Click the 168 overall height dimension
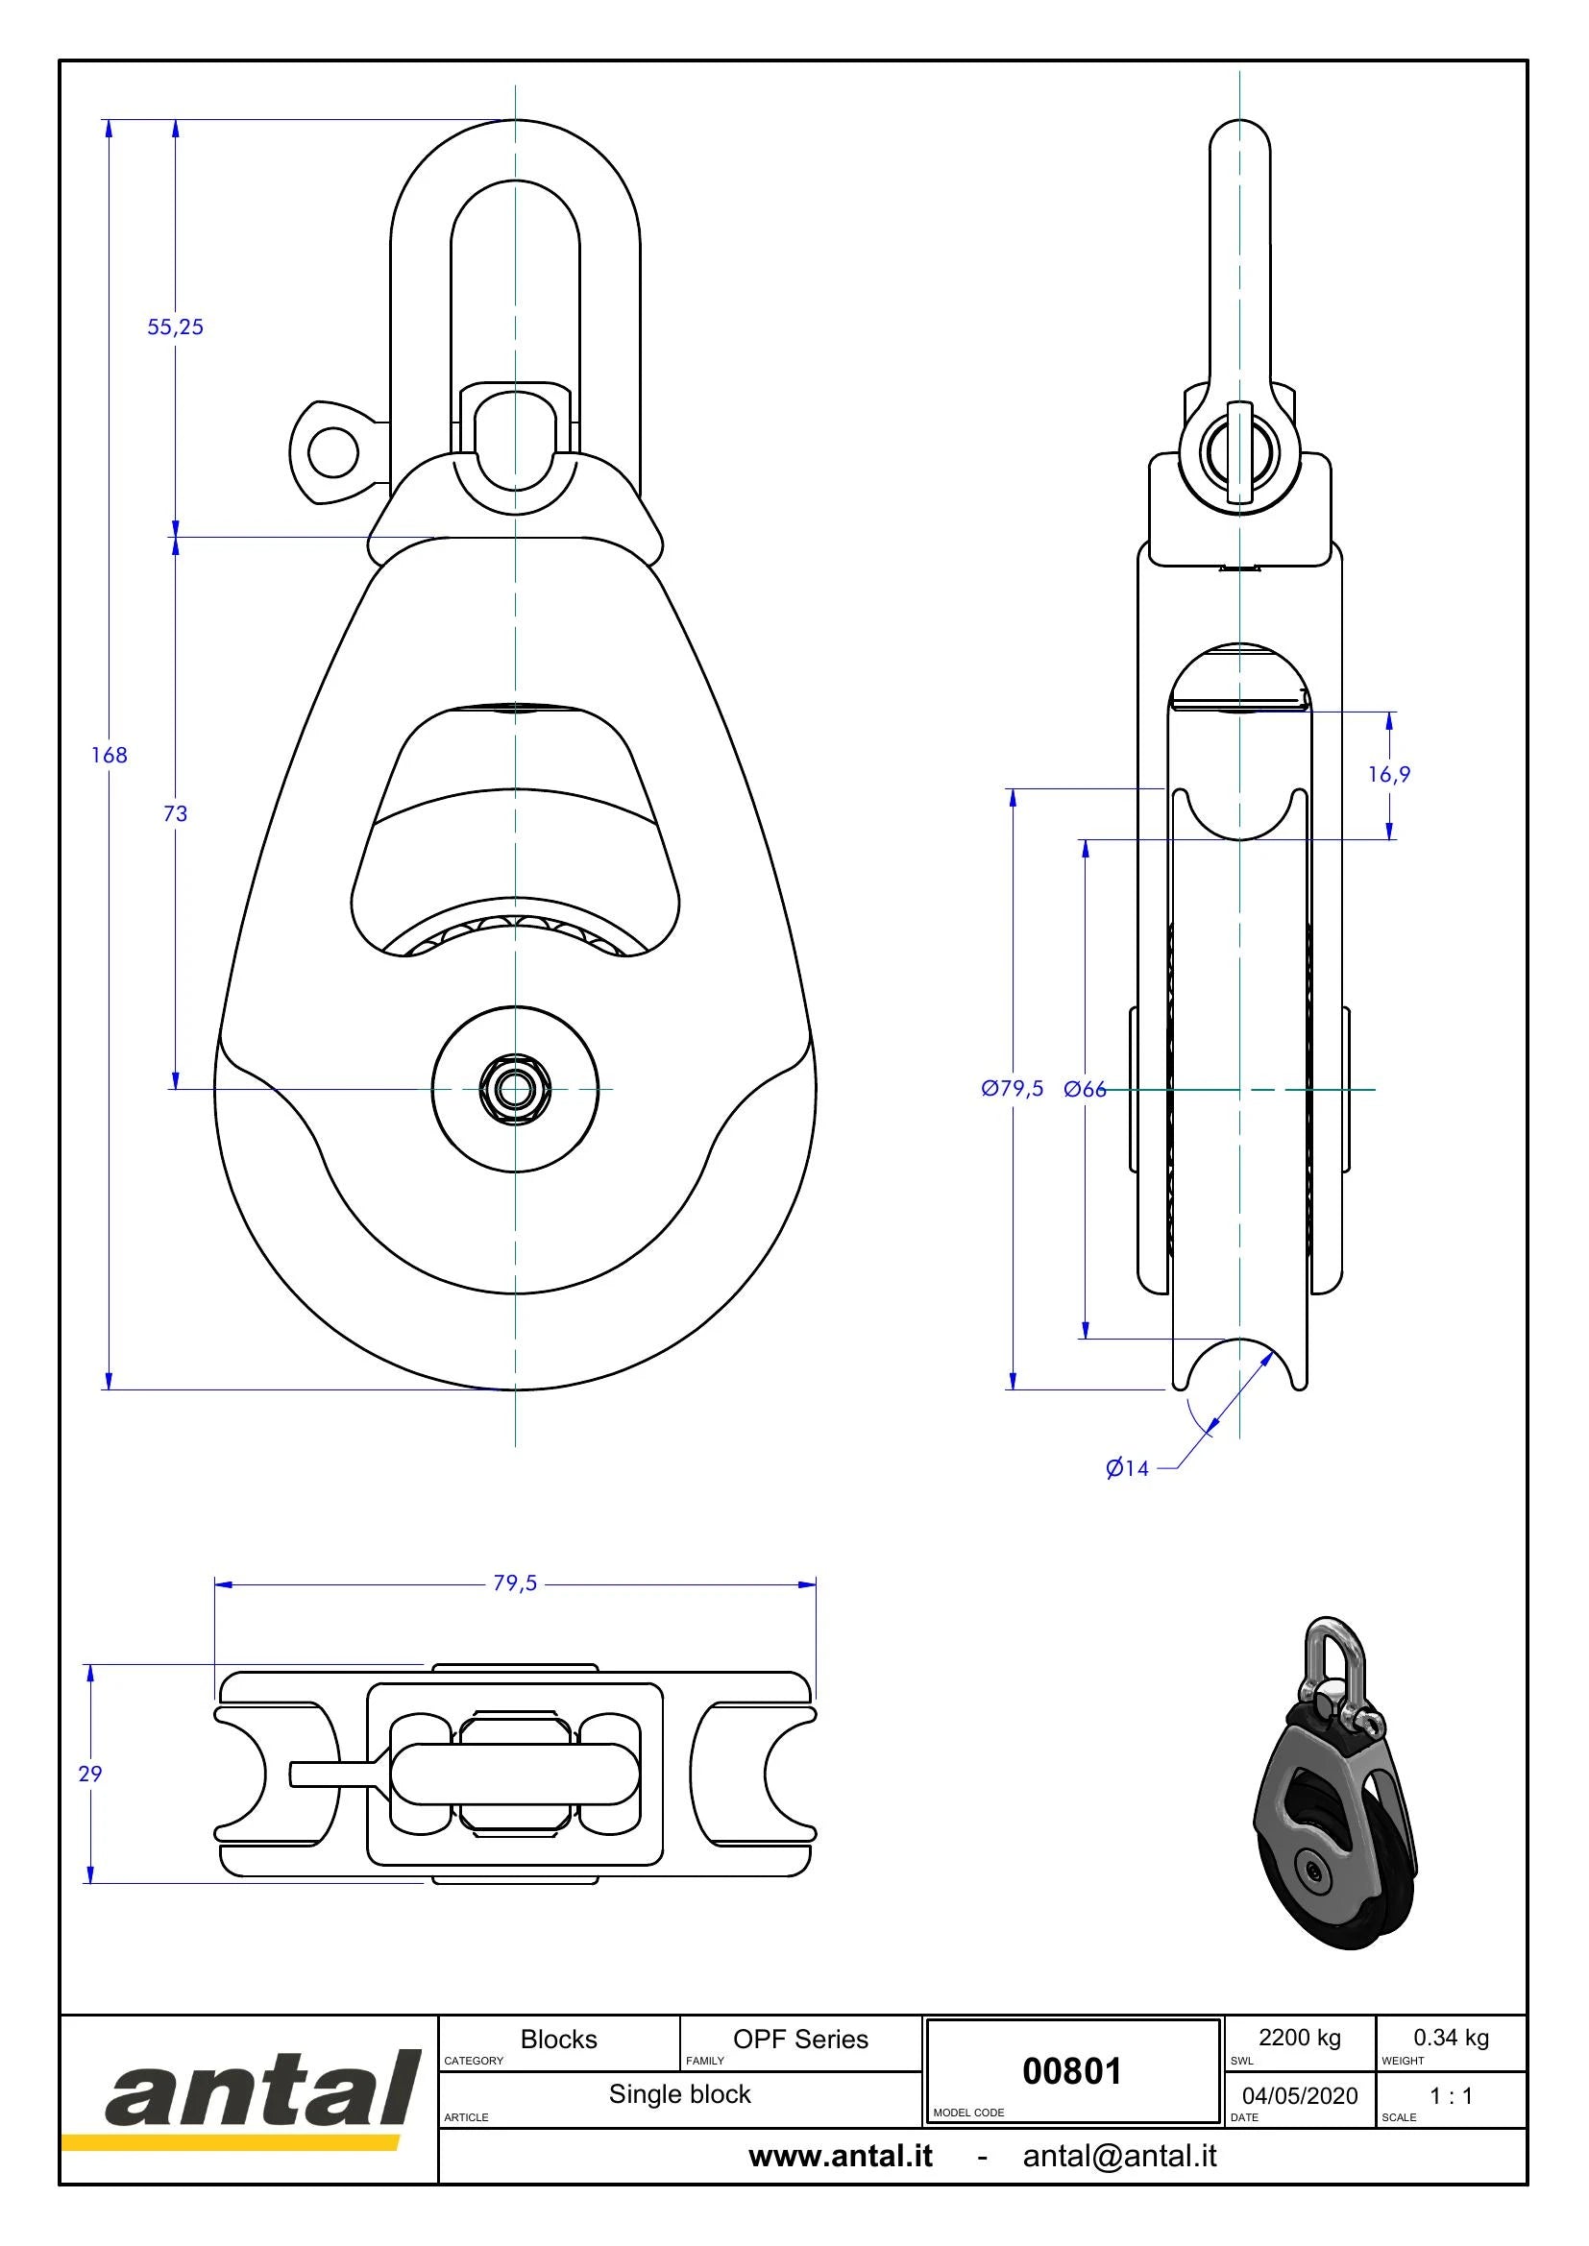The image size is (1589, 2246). click(x=109, y=754)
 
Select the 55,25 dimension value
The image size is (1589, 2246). click(x=175, y=326)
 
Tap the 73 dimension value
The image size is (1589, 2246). click(x=175, y=813)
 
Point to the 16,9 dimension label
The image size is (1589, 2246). click(x=1389, y=775)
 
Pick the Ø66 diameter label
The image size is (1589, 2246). click(x=1084, y=1089)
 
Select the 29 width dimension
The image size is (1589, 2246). click(x=90, y=1774)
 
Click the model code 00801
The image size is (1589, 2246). click(x=1071, y=2071)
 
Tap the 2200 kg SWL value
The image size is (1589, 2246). click(x=1300, y=2038)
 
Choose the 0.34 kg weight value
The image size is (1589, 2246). click(x=1451, y=2038)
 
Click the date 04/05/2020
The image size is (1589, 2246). click(x=1300, y=2096)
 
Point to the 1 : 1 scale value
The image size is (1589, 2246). click(x=1451, y=2095)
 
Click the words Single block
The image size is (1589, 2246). click(x=680, y=2094)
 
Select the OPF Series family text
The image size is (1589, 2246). click(x=800, y=2040)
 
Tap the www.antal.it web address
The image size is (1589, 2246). click(x=841, y=2156)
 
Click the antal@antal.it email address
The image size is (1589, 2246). click(x=1119, y=2156)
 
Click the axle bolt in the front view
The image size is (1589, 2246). click(x=516, y=1088)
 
